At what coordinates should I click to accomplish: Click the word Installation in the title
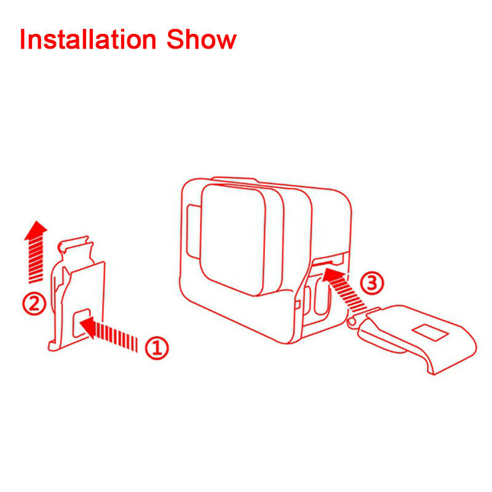(x=88, y=39)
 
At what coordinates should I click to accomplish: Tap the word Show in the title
(x=202, y=39)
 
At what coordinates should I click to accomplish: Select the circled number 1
(x=157, y=348)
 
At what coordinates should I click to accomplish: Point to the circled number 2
(x=34, y=304)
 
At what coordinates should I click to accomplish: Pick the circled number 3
(x=372, y=283)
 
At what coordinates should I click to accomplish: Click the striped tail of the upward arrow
(x=36, y=260)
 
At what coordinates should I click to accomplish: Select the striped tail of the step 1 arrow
(x=117, y=337)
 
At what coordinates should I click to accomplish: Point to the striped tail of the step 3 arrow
(x=350, y=296)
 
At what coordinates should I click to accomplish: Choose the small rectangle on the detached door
(x=430, y=333)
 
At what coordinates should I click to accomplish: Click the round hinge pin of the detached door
(x=352, y=321)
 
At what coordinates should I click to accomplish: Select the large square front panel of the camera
(x=233, y=240)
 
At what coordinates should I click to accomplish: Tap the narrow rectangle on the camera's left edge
(x=193, y=232)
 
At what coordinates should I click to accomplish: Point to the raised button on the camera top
(x=235, y=180)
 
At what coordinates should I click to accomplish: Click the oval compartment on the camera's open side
(x=320, y=296)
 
